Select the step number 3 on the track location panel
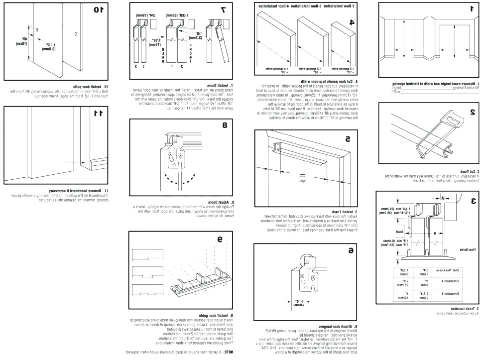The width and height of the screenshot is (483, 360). (x=472, y=201)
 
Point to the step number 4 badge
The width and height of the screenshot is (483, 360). (x=352, y=22)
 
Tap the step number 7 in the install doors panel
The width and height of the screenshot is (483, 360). (x=223, y=9)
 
